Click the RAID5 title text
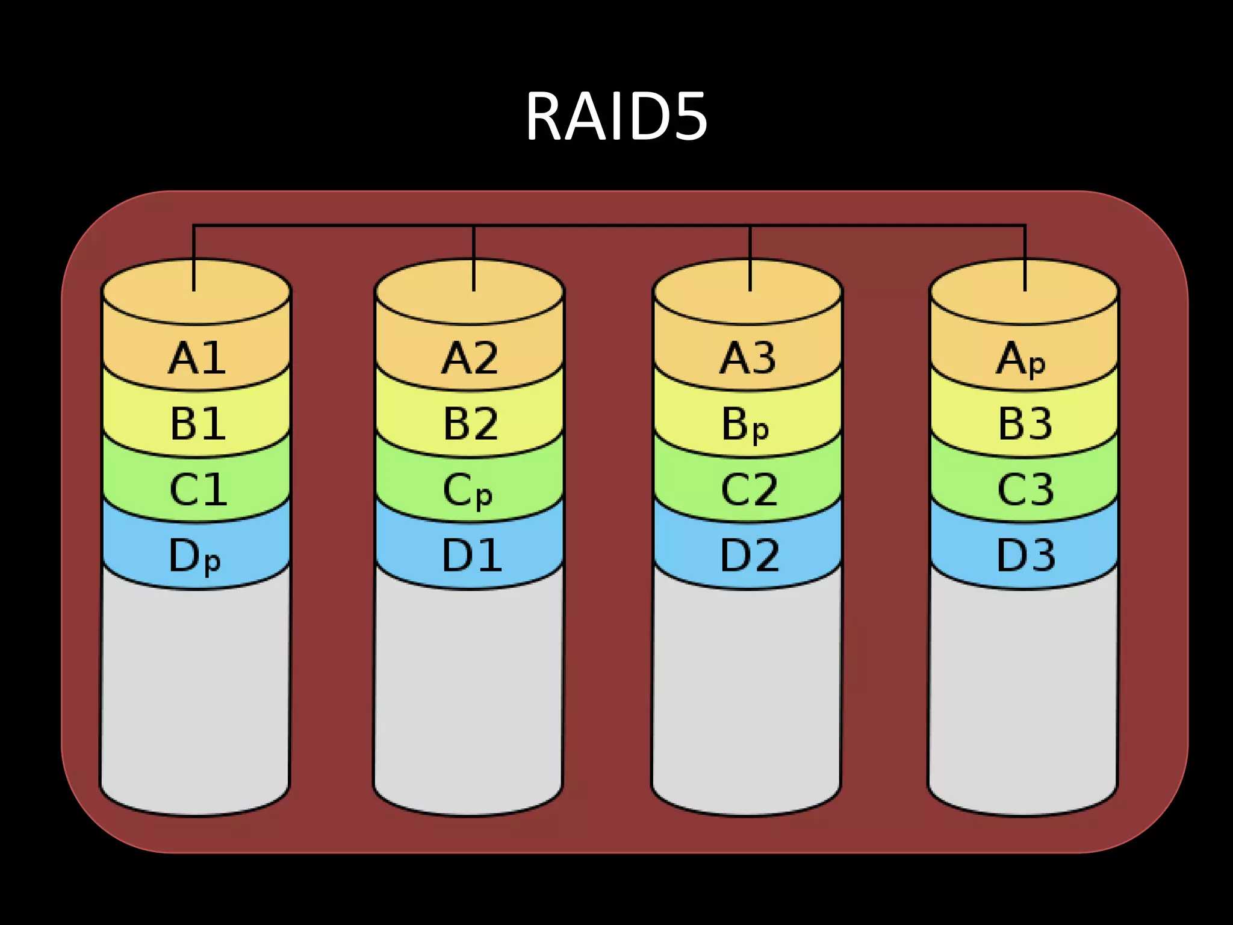[616, 117]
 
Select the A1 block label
[197, 358]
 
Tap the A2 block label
[470, 358]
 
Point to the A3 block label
[748, 358]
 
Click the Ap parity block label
[1020, 360]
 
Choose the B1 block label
[197, 423]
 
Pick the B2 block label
[470, 423]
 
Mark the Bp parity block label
[745, 425]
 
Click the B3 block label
[1025, 423]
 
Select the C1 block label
[197, 489]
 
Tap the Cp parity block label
[468, 491]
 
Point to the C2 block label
[749, 489]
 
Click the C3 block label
[1025, 489]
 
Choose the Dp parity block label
[194, 556]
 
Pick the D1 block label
[471, 555]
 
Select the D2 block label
[750, 555]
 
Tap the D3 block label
[1025, 555]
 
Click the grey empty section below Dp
[194, 693]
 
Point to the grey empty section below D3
[1022, 693]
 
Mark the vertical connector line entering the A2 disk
[474, 259]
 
